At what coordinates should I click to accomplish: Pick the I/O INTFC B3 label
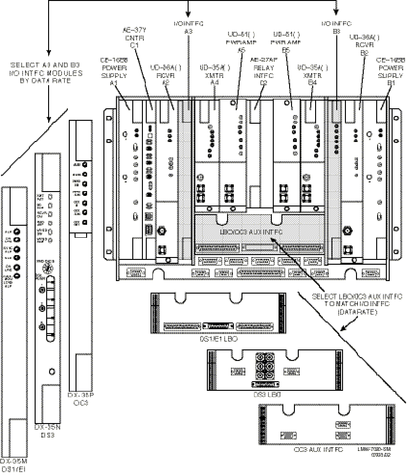pyautogui.click(x=337, y=26)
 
